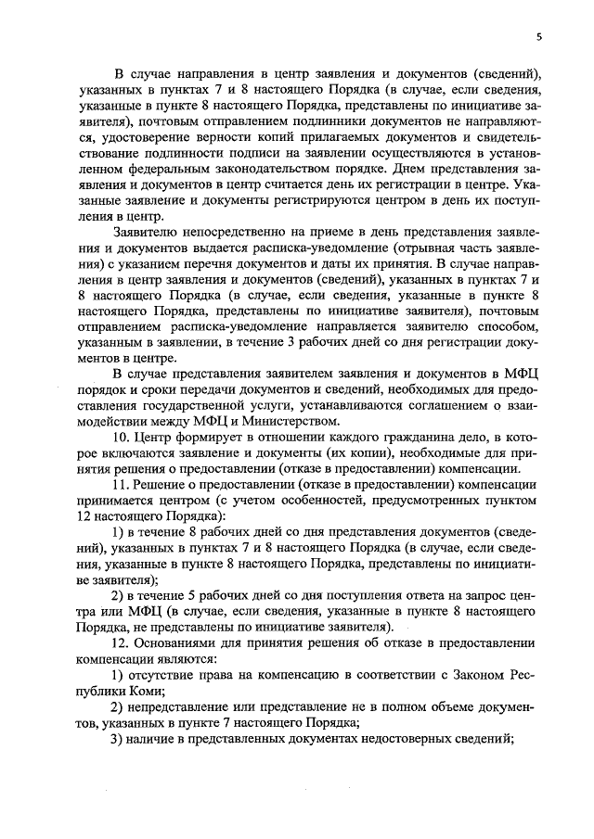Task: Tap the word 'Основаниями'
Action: (182, 643)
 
